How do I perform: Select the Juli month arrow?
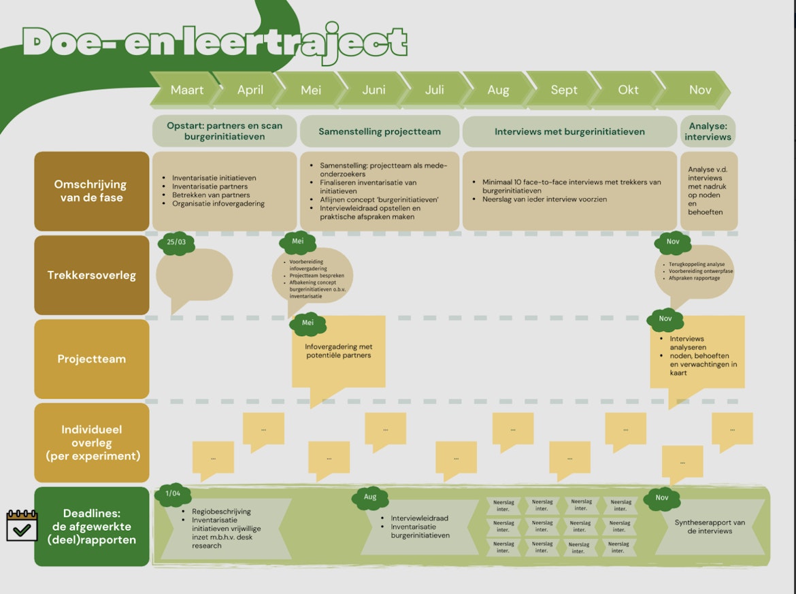434,90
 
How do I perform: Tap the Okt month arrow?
628,90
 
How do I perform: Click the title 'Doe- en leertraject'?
215,43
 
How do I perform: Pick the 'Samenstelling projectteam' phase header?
380,131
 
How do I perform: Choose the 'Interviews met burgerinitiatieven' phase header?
569,131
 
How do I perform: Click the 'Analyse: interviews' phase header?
708,131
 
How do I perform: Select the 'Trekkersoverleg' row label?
92,276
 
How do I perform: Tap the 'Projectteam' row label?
92,359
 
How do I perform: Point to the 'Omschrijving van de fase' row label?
92,191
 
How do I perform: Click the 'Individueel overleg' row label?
92,442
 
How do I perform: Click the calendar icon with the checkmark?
21,525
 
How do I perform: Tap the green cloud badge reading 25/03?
176,242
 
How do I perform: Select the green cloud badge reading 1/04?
172,494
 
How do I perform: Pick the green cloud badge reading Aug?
369,497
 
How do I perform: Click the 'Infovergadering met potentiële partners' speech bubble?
338,351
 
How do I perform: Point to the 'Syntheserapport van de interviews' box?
710,527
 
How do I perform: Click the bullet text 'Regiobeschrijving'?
221,512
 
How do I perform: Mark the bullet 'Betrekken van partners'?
211,195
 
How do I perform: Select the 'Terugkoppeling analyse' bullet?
697,264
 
